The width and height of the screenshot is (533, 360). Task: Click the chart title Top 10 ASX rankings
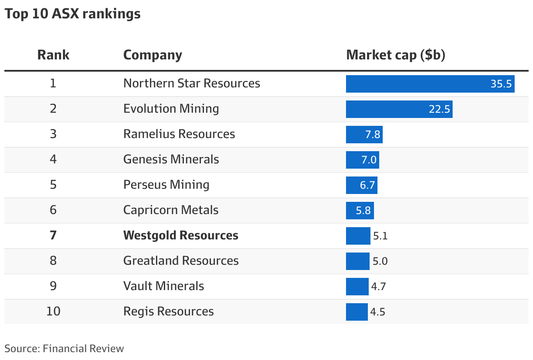(x=73, y=14)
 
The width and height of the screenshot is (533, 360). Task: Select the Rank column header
(x=53, y=55)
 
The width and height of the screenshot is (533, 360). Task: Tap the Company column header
(x=152, y=55)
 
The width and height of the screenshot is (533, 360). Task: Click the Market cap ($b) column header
(x=395, y=55)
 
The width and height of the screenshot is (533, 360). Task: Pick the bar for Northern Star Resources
(x=415, y=83)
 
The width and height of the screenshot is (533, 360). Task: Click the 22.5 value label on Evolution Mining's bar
(x=439, y=109)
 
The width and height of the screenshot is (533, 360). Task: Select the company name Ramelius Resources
(x=179, y=134)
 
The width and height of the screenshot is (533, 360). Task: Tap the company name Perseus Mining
(x=166, y=185)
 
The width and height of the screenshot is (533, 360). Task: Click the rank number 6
(x=53, y=210)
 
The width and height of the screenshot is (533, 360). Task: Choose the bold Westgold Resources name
(x=181, y=235)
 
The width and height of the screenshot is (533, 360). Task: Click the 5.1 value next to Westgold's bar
(x=380, y=236)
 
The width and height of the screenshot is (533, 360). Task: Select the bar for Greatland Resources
(x=357, y=261)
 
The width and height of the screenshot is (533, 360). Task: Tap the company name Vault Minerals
(x=164, y=286)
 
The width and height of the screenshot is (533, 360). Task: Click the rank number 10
(x=53, y=312)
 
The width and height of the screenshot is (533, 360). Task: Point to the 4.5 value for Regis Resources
(x=377, y=312)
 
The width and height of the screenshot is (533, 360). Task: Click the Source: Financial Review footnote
(x=64, y=349)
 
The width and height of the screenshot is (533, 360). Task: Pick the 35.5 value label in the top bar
(x=501, y=84)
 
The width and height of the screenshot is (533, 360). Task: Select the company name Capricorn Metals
(x=171, y=210)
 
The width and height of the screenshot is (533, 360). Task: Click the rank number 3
(x=53, y=134)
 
